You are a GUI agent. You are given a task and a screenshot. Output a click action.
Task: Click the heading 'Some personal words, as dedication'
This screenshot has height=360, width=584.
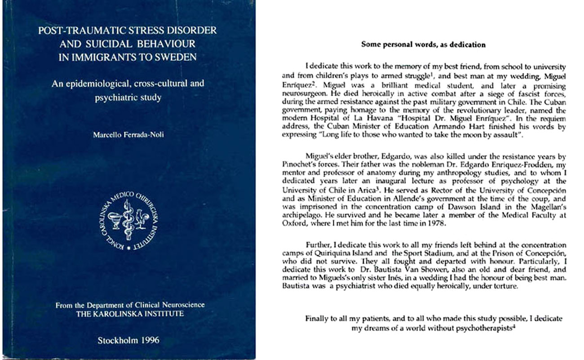(x=423, y=44)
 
